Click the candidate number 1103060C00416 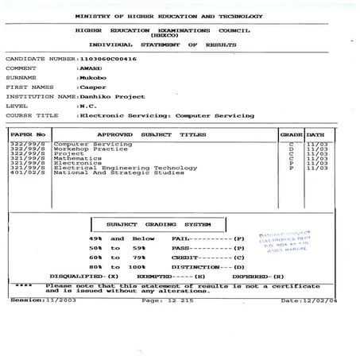tap(107, 59)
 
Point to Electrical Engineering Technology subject tap(125, 168)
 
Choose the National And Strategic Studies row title tap(118, 172)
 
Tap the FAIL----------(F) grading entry tap(210, 238)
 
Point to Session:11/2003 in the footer tap(40, 300)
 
